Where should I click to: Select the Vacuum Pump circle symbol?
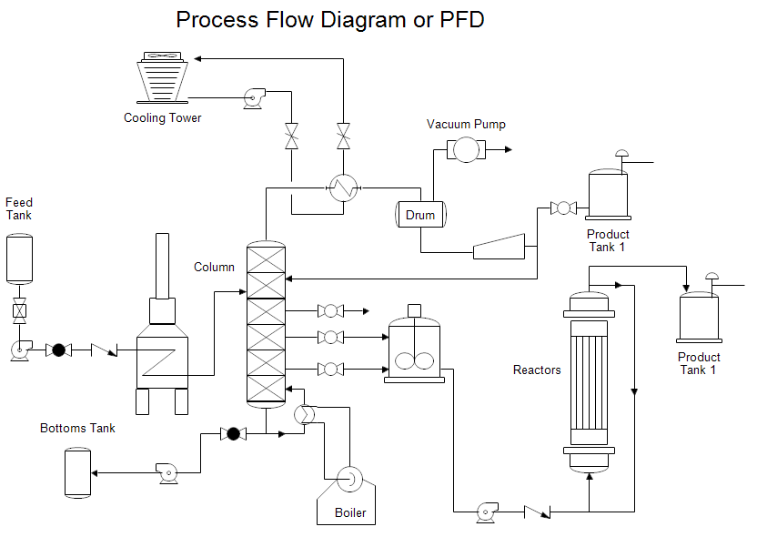pos(466,149)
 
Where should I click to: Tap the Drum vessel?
pos(419,215)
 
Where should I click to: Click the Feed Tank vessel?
pos(19,258)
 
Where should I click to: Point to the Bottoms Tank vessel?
pos(77,471)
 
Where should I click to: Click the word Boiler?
pos(350,512)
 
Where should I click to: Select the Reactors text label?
pos(537,370)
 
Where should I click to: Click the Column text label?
pos(214,267)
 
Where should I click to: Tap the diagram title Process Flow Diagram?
pos(329,19)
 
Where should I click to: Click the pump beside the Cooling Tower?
pos(254,97)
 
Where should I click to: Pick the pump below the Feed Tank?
pos(19,350)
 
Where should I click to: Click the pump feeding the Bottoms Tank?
pos(166,471)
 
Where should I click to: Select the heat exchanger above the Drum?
pos(343,188)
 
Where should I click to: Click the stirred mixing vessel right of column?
pos(415,350)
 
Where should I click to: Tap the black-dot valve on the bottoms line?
pos(233,433)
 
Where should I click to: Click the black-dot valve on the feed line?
pos(59,350)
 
